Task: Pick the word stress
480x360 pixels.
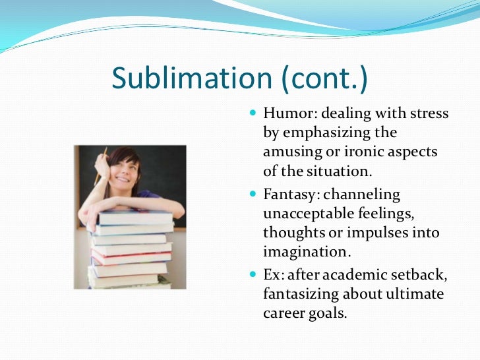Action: pos(429,114)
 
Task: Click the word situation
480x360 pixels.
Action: pos(338,171)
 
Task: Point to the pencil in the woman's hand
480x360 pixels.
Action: pos(102,165)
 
